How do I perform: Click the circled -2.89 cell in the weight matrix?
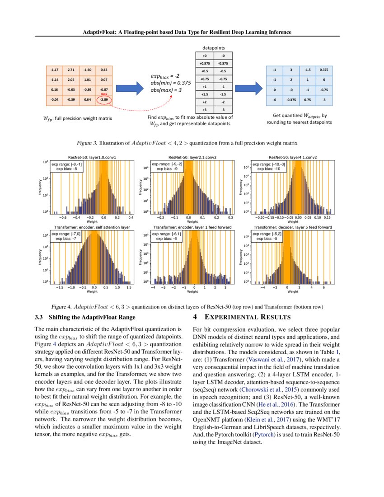click(x=104, y=99)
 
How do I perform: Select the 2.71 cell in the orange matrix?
click(x=71, y=70)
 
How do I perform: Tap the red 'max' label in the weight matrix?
click(x=104, y=94)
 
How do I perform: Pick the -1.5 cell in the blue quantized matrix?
click(x=307, y=70)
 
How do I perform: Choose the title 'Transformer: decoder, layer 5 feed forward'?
click(x=292, y=227)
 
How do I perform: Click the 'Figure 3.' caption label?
click(x=87, y=143)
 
